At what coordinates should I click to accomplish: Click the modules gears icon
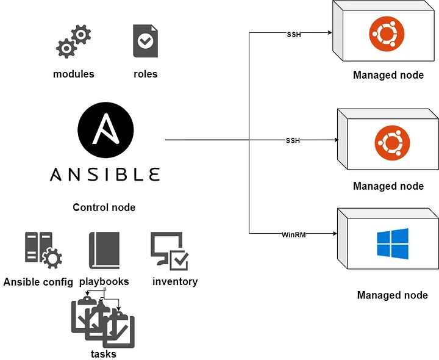click(74, 41)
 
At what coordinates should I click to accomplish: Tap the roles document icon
click(145, 41)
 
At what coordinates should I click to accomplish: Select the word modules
click(74, 74)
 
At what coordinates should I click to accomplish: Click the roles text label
click(146, 74)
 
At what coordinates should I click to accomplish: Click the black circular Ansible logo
click(105, 130)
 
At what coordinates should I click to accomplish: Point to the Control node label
click(104, 207)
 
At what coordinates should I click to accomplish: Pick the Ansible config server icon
click(43, 250)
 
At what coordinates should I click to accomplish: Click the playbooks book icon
click(104, 250)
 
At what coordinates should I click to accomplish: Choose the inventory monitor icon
click(170, 251)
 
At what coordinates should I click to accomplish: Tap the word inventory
click(175, 281)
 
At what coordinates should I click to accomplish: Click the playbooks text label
click(104, 281)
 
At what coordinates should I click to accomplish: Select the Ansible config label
click(38, 282)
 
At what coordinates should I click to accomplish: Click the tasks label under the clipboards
click(104, 354)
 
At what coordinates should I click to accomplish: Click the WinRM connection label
click(294, 235)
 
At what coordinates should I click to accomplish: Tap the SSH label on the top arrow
click(294, 34)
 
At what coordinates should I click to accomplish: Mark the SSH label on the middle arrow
click(293, 140)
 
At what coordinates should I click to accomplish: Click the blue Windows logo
click(393, 243)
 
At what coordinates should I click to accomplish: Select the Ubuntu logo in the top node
click(387, 34)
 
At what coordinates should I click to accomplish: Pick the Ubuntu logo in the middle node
click(392, 143)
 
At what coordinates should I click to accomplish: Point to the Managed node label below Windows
click(392, 295)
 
